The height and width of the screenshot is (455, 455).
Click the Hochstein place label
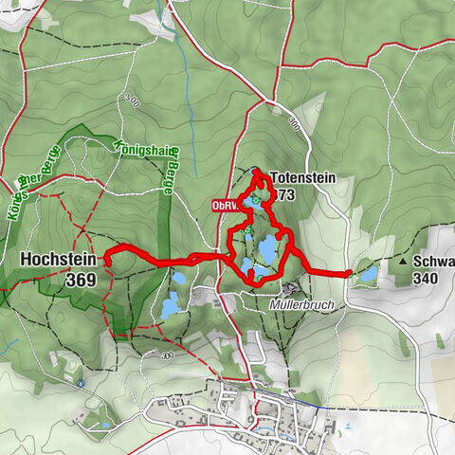click(x=57, y=259)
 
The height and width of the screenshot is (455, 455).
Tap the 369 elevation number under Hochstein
click(x=82, y=280)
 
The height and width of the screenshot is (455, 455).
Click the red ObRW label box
click(x=225, y=204)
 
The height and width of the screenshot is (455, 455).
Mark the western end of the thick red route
click(x=107, y=253)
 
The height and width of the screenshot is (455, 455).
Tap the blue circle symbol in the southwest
click(x=82, y=383)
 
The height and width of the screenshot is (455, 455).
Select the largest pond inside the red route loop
click(x=268, y=249)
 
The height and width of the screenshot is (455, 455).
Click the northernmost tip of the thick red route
click(x=258, y=171)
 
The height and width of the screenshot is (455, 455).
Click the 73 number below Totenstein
click(x=287, y=194)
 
